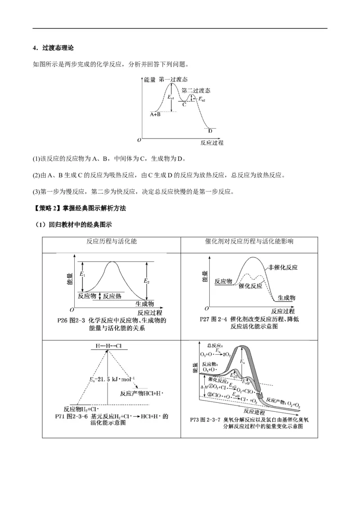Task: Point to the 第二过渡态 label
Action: (196, 90)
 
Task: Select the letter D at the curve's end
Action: (210, 131)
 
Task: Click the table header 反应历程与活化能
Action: (112, 241)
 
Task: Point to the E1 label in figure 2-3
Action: (82, 274)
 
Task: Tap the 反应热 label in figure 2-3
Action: (112, 295)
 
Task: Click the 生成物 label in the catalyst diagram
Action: (286, 298)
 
